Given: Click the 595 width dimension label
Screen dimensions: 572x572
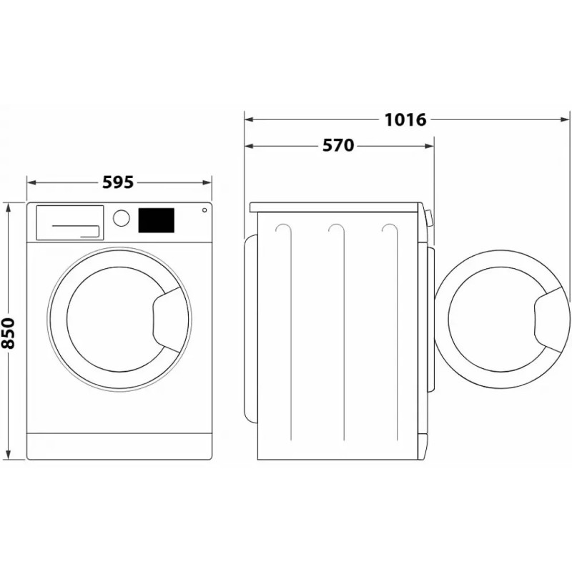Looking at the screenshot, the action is pos(118,182).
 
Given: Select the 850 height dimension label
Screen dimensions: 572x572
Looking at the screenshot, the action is pos(8,333).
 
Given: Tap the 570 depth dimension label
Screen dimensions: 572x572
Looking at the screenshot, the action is pos(338,146).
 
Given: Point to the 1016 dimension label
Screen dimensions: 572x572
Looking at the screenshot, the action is pos(405,119).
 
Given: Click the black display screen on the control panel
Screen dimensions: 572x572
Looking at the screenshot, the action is pos(156,220).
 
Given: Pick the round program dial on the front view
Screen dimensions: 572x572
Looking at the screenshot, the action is pos(121,218).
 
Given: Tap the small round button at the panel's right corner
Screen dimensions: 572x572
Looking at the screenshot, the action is pos(204,210).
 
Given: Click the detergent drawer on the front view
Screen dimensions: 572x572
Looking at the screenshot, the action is pos(69,223).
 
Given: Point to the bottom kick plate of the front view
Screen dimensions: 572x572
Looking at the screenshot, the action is pos(119,446).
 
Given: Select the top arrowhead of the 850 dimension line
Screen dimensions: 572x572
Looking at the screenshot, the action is pos(8,207).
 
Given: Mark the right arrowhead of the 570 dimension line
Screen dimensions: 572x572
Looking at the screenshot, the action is pos(430,146).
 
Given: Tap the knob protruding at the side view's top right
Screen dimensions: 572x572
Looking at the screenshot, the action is pos(428,218).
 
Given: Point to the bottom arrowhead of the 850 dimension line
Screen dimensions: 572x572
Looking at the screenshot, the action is pos(8,455).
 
